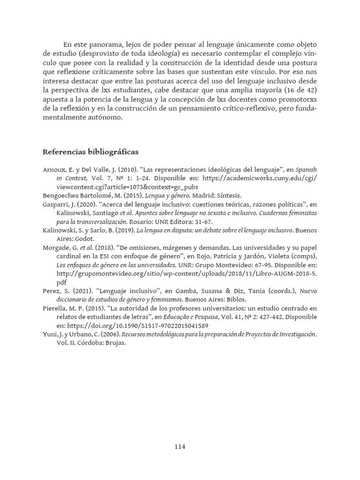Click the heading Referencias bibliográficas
pyautogui.click(x=90, y=152)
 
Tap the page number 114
pyautogui.click(x=180, y=447)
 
